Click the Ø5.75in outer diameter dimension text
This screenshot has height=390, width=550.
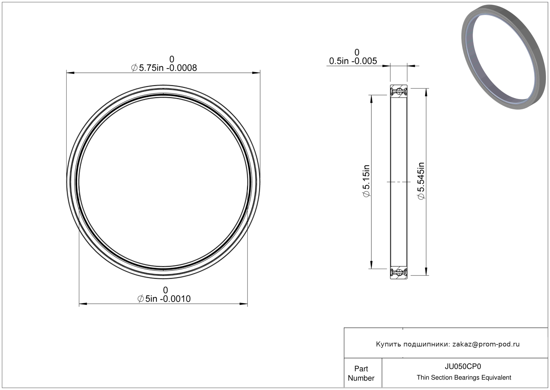point(164,68)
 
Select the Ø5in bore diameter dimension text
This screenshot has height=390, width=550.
point(164,299)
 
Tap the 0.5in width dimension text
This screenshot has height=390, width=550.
point(353,61)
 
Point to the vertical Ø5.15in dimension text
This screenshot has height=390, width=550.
point(366,181)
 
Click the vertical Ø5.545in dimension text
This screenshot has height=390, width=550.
point(421,181)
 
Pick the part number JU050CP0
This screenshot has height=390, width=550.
point(463,366)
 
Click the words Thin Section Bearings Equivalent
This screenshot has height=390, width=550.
point(464,378)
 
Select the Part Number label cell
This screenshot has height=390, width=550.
point(361,373)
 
